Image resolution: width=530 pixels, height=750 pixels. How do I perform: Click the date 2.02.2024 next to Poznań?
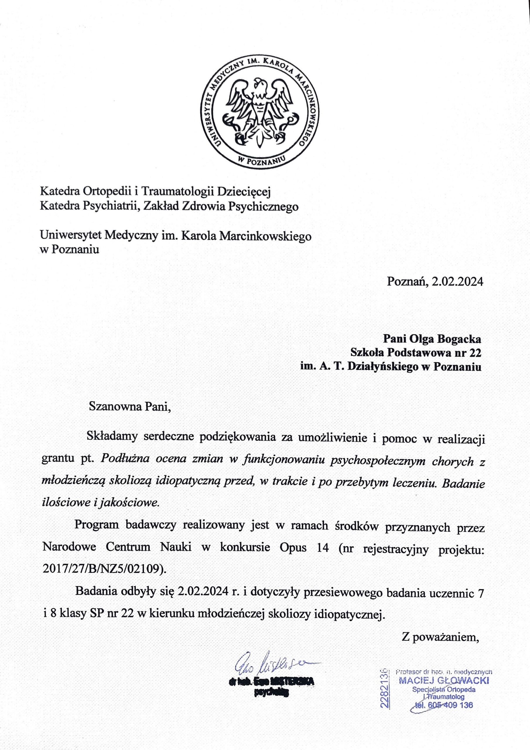(457, 281)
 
